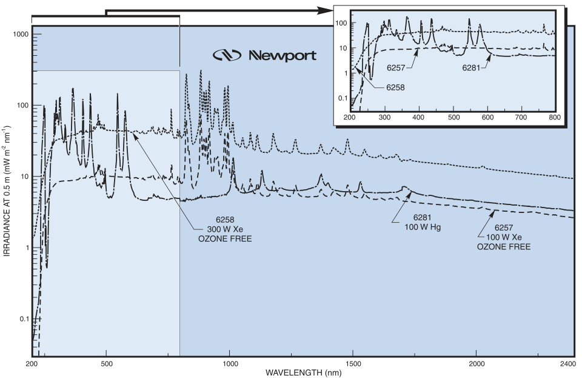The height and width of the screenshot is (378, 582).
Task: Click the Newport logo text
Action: coord(283,56)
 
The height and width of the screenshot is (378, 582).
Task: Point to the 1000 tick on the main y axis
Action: coord(21,35)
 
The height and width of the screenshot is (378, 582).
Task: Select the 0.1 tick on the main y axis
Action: coord(24,319)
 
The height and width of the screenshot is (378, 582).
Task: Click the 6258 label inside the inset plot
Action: coord(396,87)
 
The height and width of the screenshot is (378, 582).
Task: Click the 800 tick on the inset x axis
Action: coord(554,117)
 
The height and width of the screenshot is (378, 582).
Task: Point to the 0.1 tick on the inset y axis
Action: coord(343,98)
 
